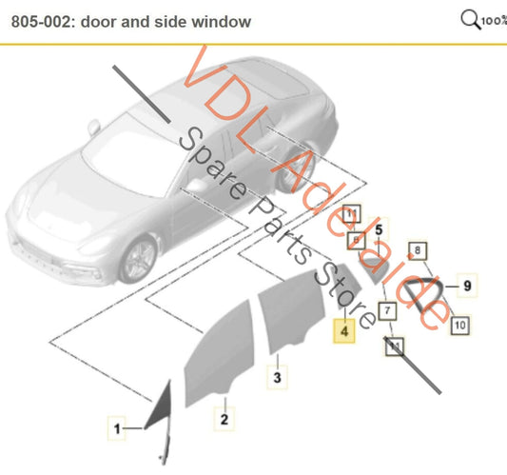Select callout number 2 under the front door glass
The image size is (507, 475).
224,417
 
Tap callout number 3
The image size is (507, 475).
277,379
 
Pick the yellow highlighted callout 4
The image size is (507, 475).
342,332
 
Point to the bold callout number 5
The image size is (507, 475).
378,229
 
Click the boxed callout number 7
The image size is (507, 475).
387,309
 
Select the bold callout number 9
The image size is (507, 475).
467,284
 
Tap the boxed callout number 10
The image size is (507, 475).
458,325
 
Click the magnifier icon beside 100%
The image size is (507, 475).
470,18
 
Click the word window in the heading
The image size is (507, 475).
224,21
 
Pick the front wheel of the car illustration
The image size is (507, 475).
137,256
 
